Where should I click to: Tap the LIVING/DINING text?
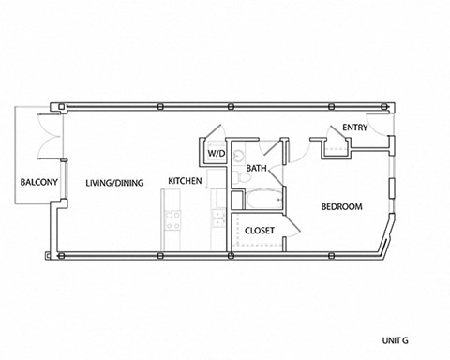113,182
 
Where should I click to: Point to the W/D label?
217,151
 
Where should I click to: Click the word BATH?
258,170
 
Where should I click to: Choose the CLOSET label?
259,230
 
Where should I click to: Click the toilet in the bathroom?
242,175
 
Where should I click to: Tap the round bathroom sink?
239,153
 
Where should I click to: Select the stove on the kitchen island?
172,222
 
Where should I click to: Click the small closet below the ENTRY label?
335,146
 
